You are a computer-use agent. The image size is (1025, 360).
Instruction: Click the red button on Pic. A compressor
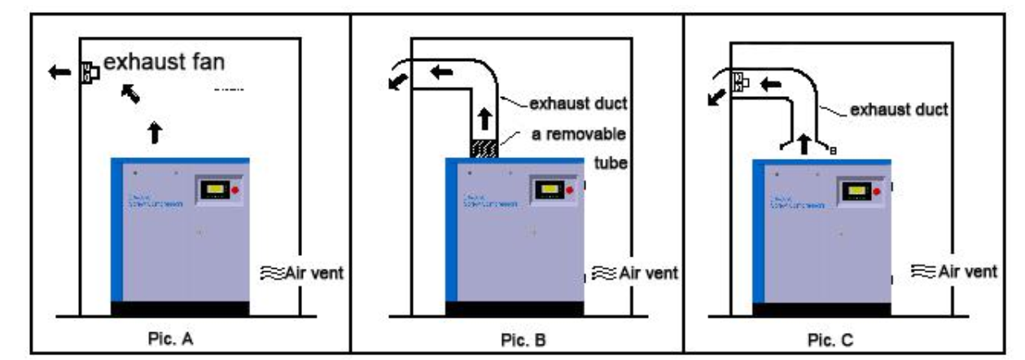click(237, 190)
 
